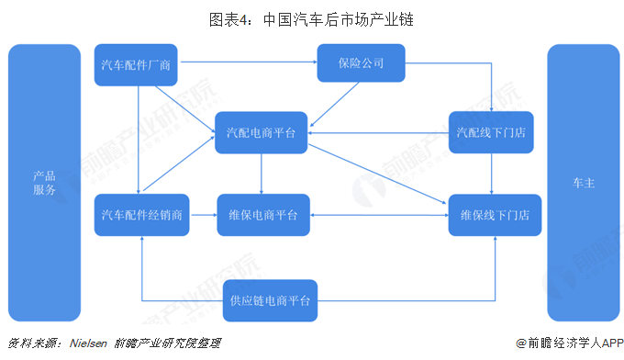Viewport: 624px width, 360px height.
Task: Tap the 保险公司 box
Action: click(x=361, y=64)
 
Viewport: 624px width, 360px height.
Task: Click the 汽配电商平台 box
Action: click(x=262, y=133)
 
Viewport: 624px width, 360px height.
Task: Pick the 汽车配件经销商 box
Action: click(x=140, y=215)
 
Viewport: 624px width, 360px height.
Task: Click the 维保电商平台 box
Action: click(x=262, y=215)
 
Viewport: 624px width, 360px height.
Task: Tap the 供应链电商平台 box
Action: click(x=270, y=300)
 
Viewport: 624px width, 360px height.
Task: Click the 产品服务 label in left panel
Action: click(x=44, y=183)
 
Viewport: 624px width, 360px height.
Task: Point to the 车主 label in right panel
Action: click(x=584, y=183)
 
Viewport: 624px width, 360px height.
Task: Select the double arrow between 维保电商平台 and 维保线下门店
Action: click(x=377, y=215)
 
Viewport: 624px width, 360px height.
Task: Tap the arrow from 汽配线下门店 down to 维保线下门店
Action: click(x=494, y=174)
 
